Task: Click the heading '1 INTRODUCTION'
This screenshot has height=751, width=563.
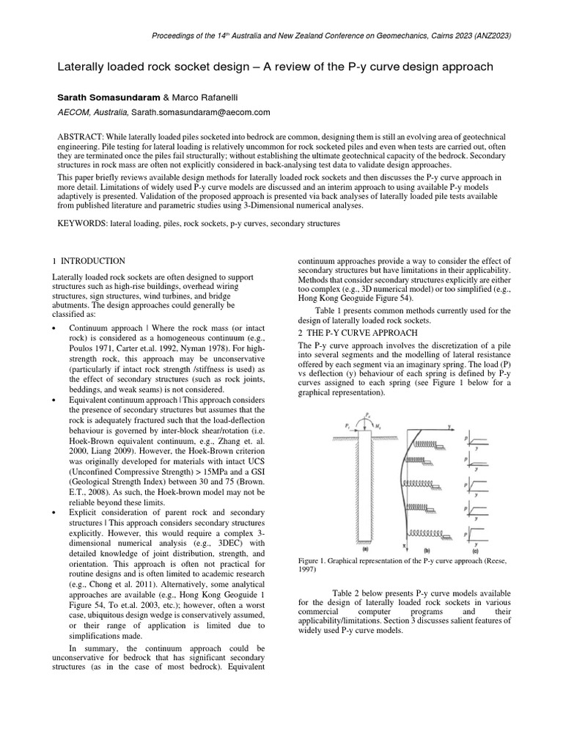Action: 89,261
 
